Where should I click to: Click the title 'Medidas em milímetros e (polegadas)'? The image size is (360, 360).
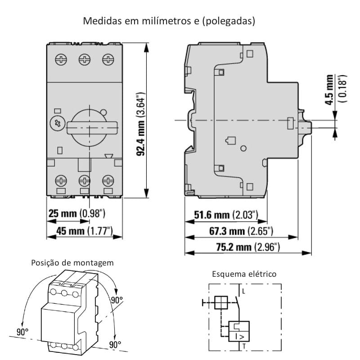click(170, 21)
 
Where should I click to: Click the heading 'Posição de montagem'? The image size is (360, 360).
click(72, 263)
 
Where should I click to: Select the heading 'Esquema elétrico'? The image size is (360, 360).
click(244, 274)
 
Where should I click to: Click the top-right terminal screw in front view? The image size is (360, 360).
click(108, 59)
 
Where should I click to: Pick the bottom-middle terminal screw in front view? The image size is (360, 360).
click(84, 181)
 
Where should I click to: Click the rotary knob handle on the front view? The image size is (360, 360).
click(93, 127)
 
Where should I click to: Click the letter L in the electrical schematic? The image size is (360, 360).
click(243, 292)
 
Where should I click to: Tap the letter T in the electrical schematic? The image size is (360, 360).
click(243, 346)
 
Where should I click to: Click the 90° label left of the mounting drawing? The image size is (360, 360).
click(22, 332)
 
